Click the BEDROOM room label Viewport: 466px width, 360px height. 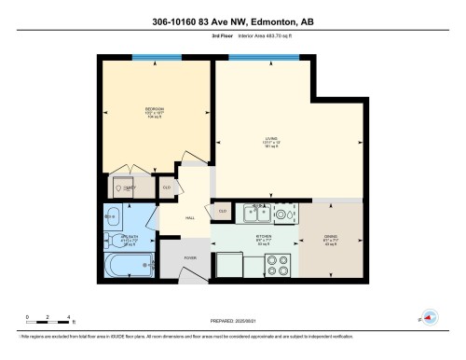[154, 109]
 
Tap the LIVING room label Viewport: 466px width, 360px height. [270, 141]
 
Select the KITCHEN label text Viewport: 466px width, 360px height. [264, 237]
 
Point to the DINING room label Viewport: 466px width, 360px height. [330, 237]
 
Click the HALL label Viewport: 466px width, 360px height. [189, 217]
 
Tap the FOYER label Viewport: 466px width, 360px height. [189, 256]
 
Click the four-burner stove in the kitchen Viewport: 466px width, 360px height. [279, 266]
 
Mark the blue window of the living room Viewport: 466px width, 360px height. [256, 58]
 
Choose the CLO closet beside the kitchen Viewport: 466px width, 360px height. [222, 212]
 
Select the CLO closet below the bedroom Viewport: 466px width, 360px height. [167, 187]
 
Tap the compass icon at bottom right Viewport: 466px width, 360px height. [429, 317]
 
